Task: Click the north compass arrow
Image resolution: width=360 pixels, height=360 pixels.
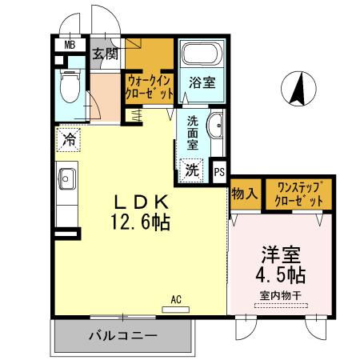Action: [298, 89]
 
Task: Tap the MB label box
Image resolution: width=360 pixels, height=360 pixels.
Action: [70, 46]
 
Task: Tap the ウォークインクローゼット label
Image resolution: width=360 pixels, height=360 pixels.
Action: [150, 86]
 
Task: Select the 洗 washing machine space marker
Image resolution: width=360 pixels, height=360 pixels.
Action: [192, 169]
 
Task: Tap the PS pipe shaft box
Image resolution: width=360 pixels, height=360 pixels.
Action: [219, 170]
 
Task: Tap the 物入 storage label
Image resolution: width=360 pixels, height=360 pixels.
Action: [243, 194]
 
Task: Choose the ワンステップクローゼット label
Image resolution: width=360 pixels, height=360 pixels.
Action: [299, 194]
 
